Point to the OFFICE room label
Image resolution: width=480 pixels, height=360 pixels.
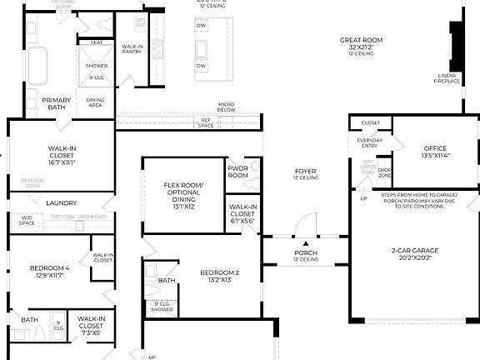(435, 149)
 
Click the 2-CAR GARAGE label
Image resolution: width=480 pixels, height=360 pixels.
(414, 251)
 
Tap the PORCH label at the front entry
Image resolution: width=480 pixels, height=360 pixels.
(306, 252)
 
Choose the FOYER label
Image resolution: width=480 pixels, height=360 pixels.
(306, 172)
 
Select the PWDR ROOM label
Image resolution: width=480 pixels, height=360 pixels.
(238, 172)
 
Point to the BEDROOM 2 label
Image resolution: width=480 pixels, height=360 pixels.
(220, 272)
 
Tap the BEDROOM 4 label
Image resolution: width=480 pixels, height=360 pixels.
(50, 268)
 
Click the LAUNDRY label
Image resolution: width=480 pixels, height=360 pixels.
(62, 202)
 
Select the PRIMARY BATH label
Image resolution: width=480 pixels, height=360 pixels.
(57, 103)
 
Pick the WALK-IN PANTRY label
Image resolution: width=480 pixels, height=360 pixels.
(132, 49)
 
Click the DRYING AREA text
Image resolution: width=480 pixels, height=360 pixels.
(95, 102)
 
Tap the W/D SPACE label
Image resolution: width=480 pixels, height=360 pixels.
(27, 220)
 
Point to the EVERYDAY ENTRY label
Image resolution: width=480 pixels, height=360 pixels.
(370, 142)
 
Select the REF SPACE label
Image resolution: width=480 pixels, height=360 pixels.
(206, 122)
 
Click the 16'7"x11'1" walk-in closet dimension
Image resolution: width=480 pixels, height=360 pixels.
(62, 162)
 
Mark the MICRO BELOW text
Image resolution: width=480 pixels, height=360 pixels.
(226, 107)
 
